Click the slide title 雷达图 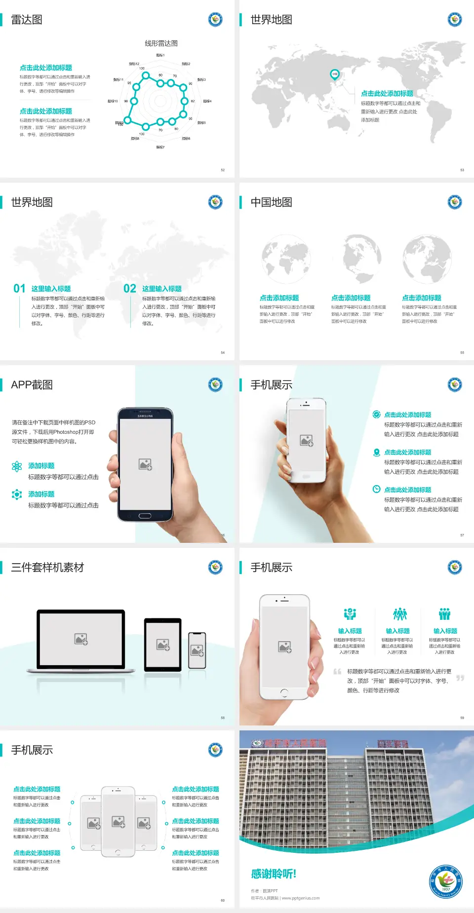[x=27, y=20]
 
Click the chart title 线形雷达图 [x=161, y=43]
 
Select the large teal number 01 [x=19, y=289]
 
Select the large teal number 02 [x=130, y=289]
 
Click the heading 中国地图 [x=271, y=202]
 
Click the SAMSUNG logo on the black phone [x=145, y=416]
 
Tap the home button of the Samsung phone [x=145, y=516]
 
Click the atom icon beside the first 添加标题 [x=17, y=466]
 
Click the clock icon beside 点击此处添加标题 [x=376, y=489]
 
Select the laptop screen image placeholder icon [x=81, y=639]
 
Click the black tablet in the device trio [x=163, y=645]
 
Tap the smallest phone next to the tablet [x=197, y=650]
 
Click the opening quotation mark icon [x=337, y=672]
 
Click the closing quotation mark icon [x=460, y=678]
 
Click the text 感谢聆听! [x=274, y=874]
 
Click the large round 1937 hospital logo [x=445, y=881]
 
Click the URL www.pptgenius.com [x=301, y=898]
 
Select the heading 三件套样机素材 [x=47, y=568]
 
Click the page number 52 [x=223, y=170]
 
